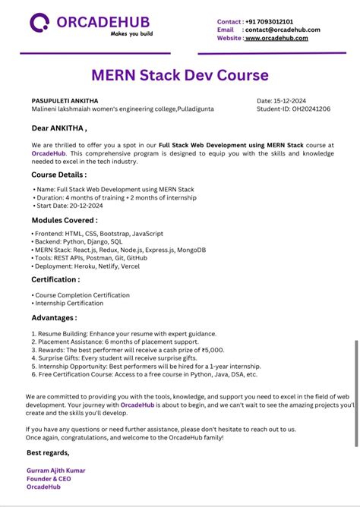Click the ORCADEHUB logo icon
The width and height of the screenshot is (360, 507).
[40, 23]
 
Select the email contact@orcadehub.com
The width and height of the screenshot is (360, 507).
[283, 30]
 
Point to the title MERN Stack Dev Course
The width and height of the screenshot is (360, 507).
[180, 75]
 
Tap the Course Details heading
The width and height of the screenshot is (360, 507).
[59, 175]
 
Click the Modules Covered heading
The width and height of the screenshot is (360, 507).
[65, 220]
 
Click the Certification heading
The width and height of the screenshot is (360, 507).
[55, 279]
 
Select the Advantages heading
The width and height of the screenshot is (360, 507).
[54, 317]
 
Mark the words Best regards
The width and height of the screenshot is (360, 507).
[48, 452]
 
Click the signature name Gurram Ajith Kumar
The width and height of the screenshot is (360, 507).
[56, 471]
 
